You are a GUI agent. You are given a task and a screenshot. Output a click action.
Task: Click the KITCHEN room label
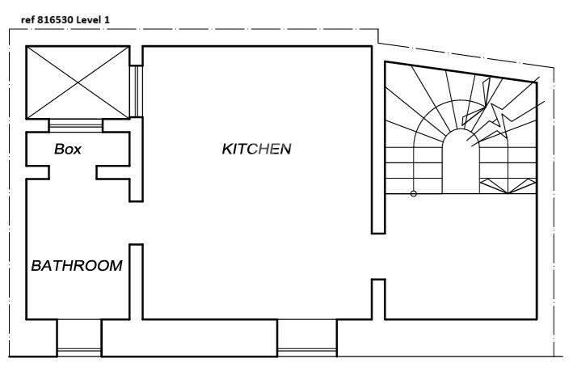point(256,149)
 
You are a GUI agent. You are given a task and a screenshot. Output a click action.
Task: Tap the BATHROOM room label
point(77,266)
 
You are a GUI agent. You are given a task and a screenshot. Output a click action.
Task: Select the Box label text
point(68,149)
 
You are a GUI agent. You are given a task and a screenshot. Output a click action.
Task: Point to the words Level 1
point(93,20)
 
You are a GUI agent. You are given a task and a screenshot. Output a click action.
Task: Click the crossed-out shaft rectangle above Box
point(78,82)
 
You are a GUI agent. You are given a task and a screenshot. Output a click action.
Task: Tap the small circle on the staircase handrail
point(413,194)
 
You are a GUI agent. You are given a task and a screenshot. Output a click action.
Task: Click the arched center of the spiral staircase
point(461,161)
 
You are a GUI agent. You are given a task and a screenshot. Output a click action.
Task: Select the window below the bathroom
point(79,352)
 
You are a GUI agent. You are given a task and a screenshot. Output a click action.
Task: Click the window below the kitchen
point(307,352)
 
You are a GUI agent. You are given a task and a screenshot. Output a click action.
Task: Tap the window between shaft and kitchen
point(136,91)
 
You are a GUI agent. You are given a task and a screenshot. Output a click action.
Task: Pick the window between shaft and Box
point(76,125)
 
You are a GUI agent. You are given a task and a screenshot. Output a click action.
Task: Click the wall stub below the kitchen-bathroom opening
point(136,281)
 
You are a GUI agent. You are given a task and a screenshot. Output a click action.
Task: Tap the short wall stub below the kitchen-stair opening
point(378,299)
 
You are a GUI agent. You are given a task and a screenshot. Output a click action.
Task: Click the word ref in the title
point(27,20)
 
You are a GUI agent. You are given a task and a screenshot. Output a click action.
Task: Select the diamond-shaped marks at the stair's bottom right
point(508,186)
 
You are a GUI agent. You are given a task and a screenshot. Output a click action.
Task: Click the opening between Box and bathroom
point(73,172)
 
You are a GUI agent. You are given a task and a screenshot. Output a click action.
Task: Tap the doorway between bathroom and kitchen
point(136,222)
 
